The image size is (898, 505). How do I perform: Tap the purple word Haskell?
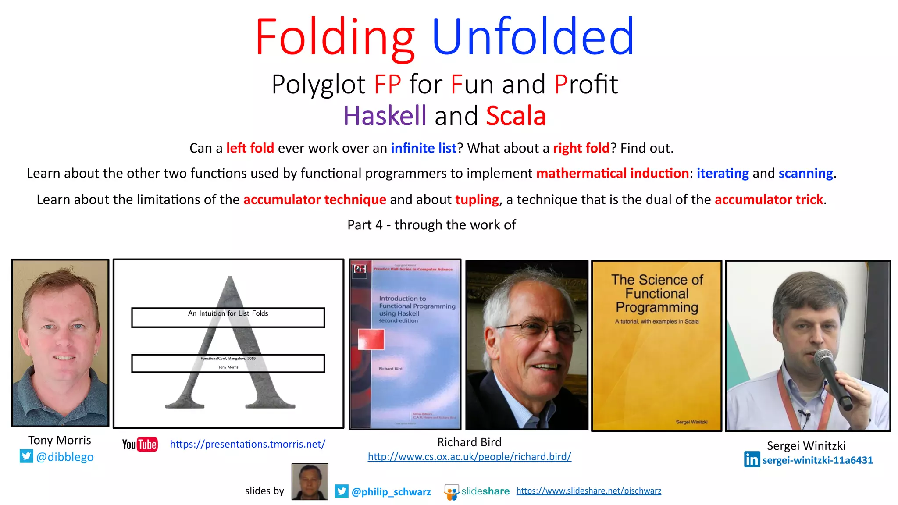(385, 116)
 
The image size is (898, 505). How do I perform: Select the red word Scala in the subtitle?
(516, 116)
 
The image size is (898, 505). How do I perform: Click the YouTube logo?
(140, 445)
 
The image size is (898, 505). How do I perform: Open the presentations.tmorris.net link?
(247, 444)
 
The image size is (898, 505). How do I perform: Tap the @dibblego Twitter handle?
(65, 457)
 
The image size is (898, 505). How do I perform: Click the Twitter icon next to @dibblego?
(26, 456)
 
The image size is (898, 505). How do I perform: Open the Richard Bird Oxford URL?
(469, 457)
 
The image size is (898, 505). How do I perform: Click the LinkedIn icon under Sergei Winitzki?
(752, 459)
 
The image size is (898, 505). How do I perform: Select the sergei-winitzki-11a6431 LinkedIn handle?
(817, 460)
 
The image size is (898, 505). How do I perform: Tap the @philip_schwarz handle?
(391, 492)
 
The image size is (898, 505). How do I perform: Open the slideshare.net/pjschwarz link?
(588, 491)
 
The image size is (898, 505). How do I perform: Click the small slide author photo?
(310, 482)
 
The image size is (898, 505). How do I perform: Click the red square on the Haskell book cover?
(371, 339)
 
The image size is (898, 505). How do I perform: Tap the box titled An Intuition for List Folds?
(228, 317)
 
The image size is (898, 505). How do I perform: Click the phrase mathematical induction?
(613, 174)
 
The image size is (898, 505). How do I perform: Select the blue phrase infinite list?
(424, 148)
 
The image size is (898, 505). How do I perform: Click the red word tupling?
(477, 199)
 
